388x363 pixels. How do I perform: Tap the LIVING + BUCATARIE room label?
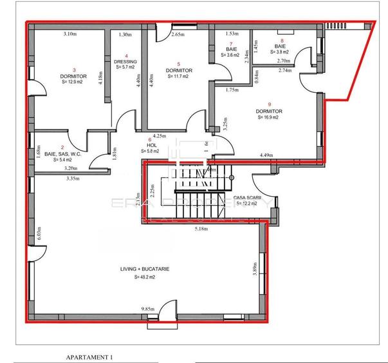(144, 270)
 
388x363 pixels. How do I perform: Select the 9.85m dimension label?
(149, 310)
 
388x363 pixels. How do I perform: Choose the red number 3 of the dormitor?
(74, 70)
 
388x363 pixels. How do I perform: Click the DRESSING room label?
(126, 61)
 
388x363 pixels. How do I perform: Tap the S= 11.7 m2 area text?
(177, 76)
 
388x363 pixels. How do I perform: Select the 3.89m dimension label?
(255, 269)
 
